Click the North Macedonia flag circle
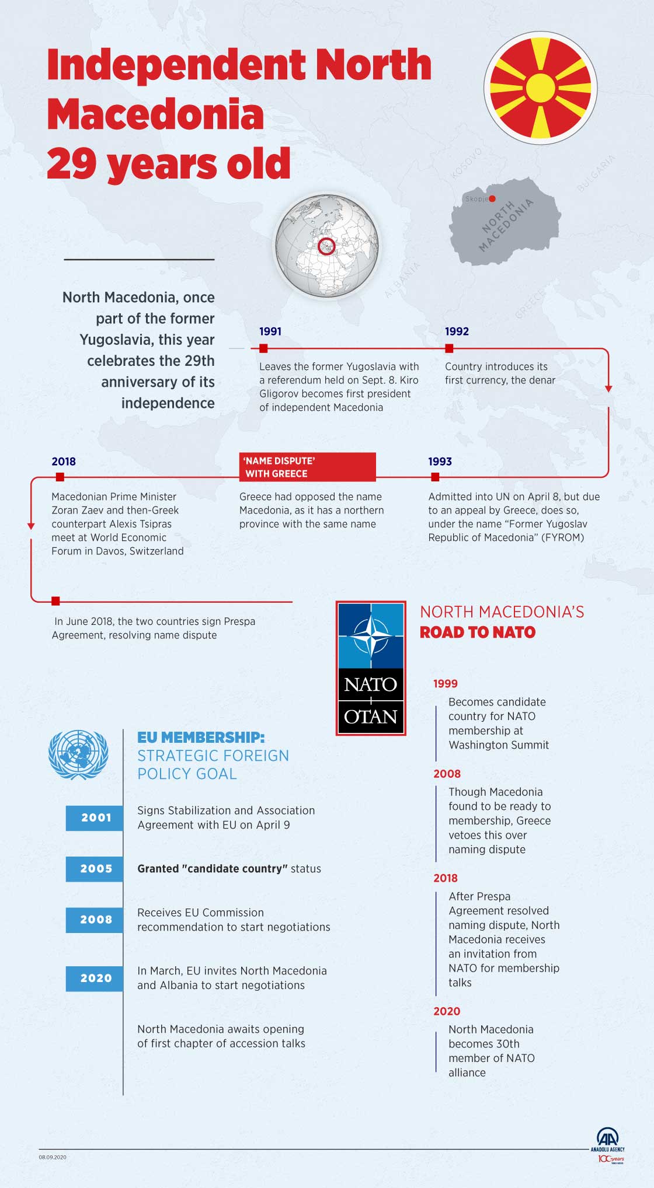540,88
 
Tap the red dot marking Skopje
492,199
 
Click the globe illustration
327,246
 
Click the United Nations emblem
78,754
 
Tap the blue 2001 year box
95,817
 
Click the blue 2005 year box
95,868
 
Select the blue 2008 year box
95,919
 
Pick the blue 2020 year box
95,978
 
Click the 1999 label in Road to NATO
446,683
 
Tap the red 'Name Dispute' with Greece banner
307,467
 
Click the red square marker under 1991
263,348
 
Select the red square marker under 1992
449,348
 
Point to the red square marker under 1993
435,477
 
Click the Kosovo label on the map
467,163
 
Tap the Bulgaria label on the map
596,173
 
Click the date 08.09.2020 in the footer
53,1157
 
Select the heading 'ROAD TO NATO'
478,633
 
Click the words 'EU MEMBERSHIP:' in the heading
201,738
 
